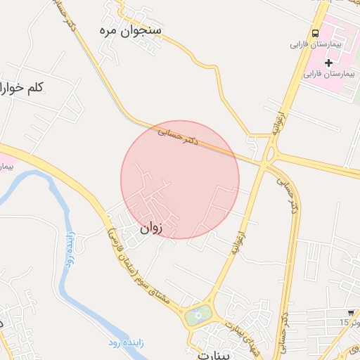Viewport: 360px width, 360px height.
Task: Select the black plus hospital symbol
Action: coord(328,63)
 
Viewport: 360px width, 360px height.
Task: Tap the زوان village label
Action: coord(150,228)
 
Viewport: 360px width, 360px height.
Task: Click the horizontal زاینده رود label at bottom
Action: coord(124,342)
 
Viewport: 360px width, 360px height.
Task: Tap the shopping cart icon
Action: coord(350,312)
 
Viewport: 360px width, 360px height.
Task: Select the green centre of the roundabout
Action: coord(198,316)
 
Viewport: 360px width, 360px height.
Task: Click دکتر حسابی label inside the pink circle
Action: coord(180,135)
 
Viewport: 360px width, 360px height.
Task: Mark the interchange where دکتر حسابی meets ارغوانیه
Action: coord(266,157)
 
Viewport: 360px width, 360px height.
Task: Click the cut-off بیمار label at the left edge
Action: coord(6,167)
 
